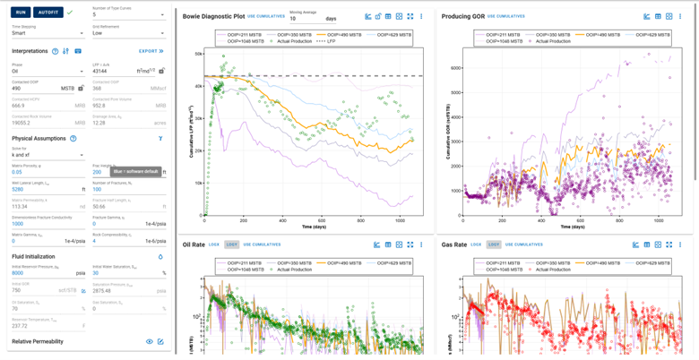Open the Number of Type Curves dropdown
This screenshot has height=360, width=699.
(x=128, y=15)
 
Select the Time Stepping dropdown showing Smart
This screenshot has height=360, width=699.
(x=47, y=33)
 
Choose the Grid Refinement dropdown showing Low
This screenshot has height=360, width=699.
(x=128, y=33)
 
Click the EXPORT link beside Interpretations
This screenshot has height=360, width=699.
(x=149, y=51)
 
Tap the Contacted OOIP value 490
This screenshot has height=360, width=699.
(x=17, y=89)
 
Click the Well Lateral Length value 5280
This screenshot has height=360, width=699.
(x=17, y=189)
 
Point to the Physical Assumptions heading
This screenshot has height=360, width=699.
(x=39, y=139)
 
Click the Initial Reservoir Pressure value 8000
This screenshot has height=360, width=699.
(x=17, y=273)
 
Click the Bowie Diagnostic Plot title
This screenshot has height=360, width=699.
(x=213, y=16)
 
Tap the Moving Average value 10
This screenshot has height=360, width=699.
(x=293, y=18)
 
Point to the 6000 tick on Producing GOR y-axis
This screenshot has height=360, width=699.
(x=456, y=67)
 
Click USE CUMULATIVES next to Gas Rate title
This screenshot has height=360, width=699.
(x=524, y=244)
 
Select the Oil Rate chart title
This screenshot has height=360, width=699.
(x=194, y=244)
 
